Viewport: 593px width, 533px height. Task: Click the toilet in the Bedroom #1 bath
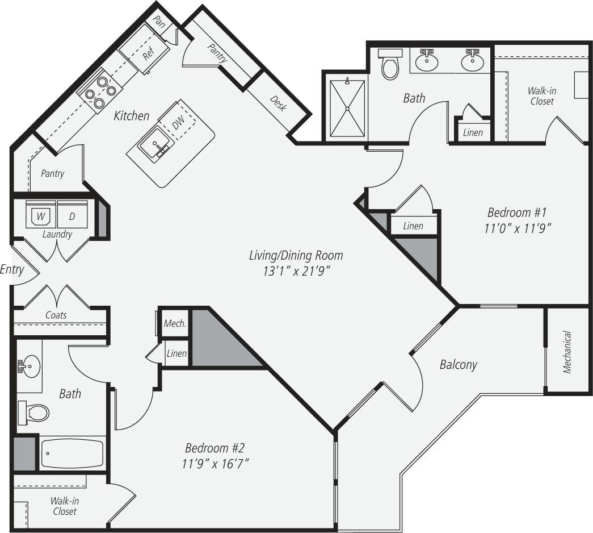point(390,65)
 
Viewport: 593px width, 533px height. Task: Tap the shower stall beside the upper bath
point(347,108)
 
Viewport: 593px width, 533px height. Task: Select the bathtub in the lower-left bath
point(72,453)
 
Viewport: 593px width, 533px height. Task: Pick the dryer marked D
point(72,216)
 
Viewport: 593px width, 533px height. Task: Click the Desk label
point(277,103)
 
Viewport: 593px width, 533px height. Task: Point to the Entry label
point(11,269)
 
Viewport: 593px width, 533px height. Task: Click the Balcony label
point(458,364)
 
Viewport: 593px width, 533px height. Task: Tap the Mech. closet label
point(175,323)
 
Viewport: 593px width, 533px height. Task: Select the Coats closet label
point(56,315)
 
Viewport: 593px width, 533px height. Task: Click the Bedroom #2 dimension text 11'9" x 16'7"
point(216,463)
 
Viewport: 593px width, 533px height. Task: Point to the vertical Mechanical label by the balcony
point(567,352)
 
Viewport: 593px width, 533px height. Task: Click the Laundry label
point(57,234)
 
